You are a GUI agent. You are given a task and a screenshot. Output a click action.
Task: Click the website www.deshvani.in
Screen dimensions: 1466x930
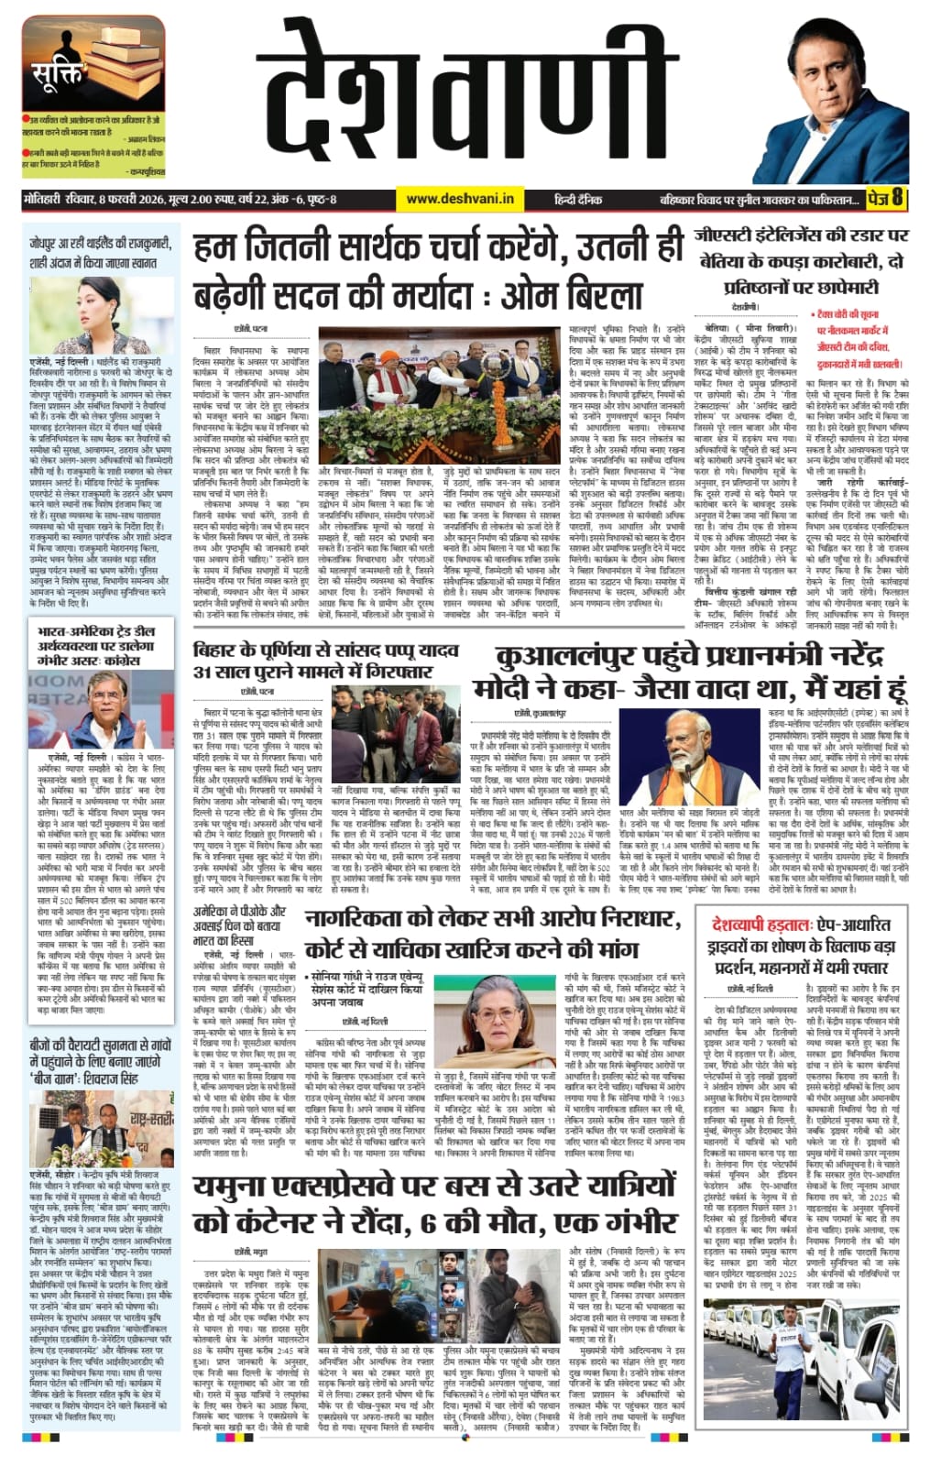pyautogui.click(x=460, y=198)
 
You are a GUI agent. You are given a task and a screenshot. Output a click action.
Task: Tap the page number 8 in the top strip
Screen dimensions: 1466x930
pyautogui.click(x=897, y=197)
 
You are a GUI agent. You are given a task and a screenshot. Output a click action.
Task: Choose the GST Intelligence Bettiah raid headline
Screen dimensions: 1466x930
pyautogui.click(x=801, y=261)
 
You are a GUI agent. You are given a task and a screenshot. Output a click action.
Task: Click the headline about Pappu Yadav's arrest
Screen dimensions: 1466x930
pyautogui.click(x=325, y=660)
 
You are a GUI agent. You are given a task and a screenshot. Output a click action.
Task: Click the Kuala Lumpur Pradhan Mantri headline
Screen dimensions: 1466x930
pyautogui.click(x=689, y=673)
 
